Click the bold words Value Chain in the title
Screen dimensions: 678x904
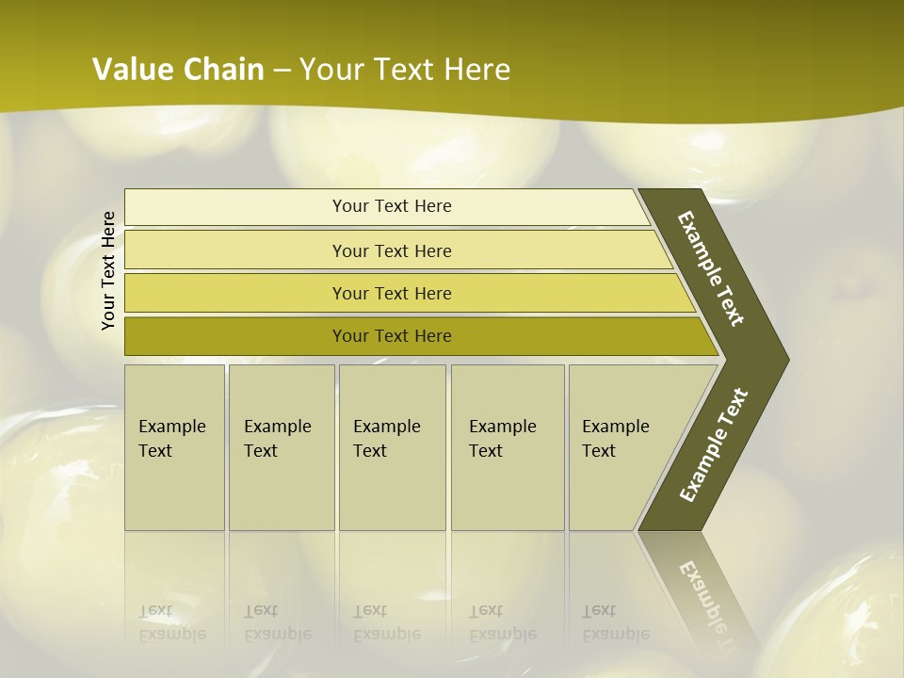pos(178,70)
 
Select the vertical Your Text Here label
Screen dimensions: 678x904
pos(108,270)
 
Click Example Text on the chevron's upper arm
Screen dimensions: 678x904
pos(711,268)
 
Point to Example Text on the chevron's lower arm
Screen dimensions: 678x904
pos(714,445)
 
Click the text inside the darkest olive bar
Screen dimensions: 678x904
pos(392,336)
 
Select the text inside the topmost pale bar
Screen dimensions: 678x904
pos(392,206)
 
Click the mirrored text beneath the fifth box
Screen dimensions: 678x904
pos(615,622)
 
